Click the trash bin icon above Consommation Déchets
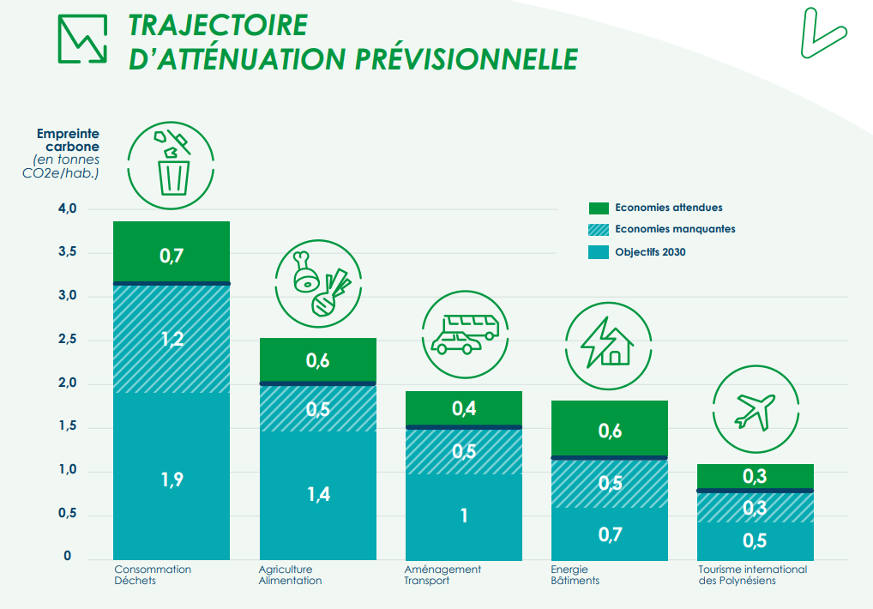tap(172, 164)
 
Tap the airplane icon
tap(755, 410)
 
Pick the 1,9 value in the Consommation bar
tap(172, 479)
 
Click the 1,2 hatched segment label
tap(172, 338)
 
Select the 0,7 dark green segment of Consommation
tap(172, 255)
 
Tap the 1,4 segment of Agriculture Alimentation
tap(318, 494)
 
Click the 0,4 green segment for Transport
tap(464, 409)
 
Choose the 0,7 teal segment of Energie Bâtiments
tap(610, 534)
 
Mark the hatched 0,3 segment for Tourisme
tap(756, 508)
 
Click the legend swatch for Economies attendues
tap(599, 208)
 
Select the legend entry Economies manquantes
tap(675, 229)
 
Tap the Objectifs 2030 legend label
tap(650, 252)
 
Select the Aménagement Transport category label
tap(443, 575)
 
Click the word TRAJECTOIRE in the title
tap(217, 24)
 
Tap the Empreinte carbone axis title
tap(68, 140)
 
